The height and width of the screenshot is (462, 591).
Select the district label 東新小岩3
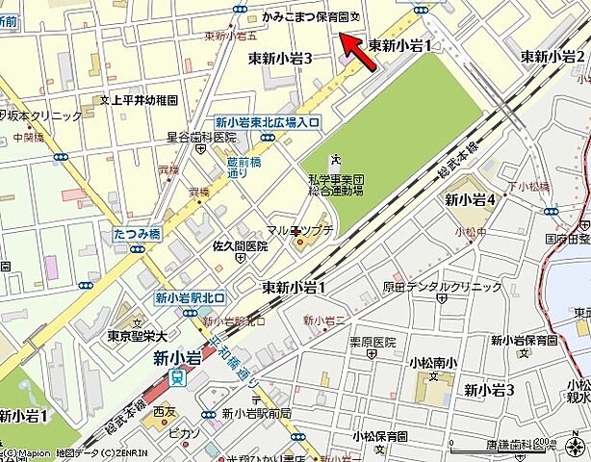pyautogui.click(x=280, y=59)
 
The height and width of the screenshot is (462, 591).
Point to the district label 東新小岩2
pyautogui.click(x=552, y=57)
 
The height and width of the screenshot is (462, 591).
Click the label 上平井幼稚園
pyautogui.click(x=144, y=98)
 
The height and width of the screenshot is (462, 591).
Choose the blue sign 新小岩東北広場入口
pyautogui.click(x=267, y=122)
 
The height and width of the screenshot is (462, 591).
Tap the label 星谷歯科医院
pyautogui.click(x=201, y=139)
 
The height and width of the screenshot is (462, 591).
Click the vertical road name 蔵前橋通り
pyautogui.click(x=238, y=168)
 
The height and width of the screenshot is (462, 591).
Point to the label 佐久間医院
pyautogui.click(x=240, y=246)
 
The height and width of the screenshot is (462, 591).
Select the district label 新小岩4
pyautogui.click(x=470, y=199)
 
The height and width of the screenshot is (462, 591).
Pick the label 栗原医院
pyautogui.click(x=373, y=342)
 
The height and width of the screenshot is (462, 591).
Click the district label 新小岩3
pyautogui.click(x=489, y=390)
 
